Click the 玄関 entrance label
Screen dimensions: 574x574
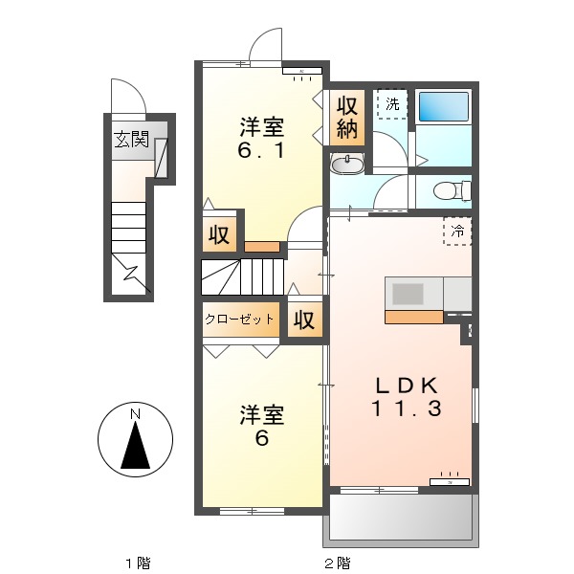point(131,139)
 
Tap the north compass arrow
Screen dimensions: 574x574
point(136,446)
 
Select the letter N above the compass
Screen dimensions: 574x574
point(136,413)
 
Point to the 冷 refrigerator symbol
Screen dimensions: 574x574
point(457,230)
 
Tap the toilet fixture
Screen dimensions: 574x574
point(451,191)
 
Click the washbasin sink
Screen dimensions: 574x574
point(345,166)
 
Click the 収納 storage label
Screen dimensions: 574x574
point(346,117)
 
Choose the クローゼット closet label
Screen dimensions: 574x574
point(240,320)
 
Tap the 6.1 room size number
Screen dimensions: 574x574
point(261,150)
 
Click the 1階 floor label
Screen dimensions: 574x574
point(137,562)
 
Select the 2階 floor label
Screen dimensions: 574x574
point(336,562)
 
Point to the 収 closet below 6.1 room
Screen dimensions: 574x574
point(219,235)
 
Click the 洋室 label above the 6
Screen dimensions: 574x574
point(261,415)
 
